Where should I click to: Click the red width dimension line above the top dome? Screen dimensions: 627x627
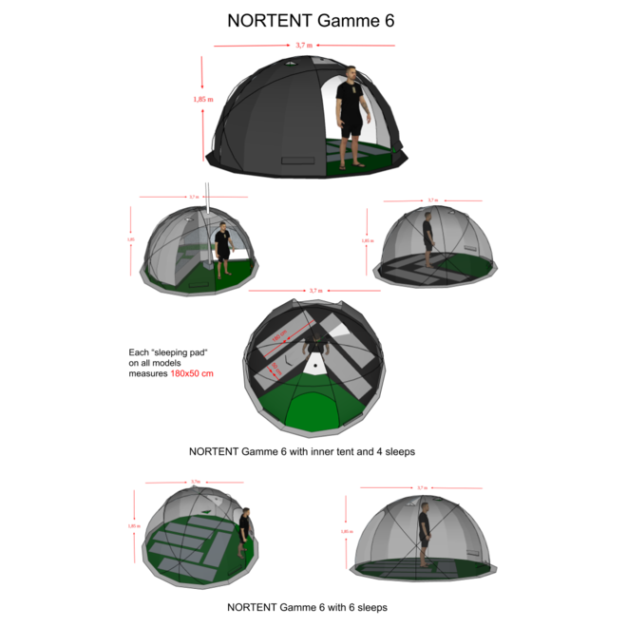304,45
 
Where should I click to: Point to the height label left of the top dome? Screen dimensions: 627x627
202,99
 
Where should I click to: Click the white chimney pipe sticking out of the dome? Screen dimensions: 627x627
206,194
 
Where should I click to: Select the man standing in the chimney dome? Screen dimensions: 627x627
222,249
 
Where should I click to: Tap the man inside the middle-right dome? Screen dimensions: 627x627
428,241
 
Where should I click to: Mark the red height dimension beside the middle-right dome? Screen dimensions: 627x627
366,242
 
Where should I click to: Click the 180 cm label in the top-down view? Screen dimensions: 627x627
280,336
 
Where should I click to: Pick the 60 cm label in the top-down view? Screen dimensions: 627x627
275,367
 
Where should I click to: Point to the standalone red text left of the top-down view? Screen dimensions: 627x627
192,373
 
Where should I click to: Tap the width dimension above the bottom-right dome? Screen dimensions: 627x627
421,488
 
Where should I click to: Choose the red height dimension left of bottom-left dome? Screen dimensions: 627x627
133,524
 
